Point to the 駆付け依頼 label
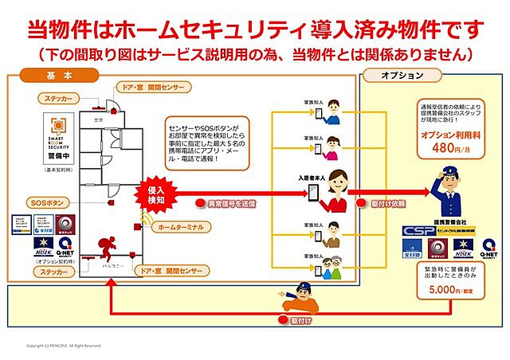click(386, 204)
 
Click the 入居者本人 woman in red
click(336, 191)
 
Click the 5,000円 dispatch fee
click(442, 292)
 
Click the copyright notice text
click(64, 346)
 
